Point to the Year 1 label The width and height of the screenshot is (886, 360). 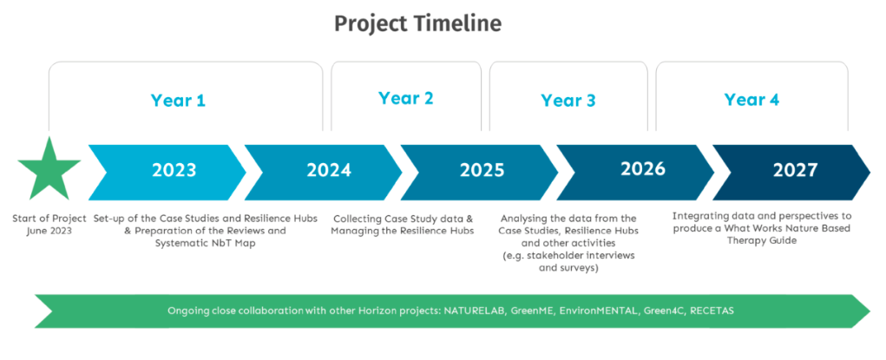(178, 101)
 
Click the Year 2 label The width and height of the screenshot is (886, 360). (406, 98)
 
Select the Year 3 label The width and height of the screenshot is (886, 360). (568, 101)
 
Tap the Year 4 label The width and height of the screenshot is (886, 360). (751, 100)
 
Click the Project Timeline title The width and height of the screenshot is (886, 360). (417, 23)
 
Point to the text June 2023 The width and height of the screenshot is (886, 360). (49, 231)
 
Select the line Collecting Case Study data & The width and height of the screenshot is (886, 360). (404, 218)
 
